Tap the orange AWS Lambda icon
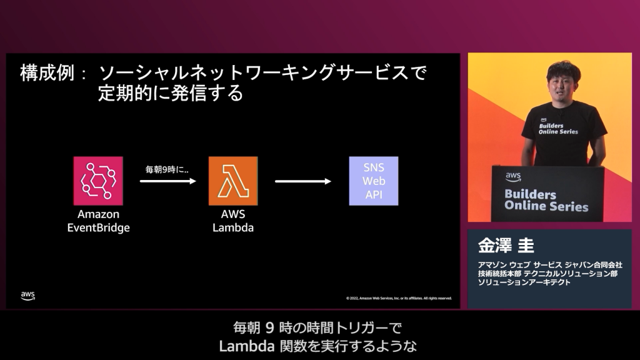(x=232, y=181)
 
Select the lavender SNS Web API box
(x=373, y=181)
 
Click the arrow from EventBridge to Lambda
(x=167, y=181)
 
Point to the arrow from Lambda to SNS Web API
(x=302, y=181)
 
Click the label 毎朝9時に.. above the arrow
(x=167, y=169)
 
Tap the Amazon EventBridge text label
(x=98, y=221)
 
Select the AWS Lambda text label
(x=232, y=221)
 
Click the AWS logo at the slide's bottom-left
(x=27, y=295)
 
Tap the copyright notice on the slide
(x=398, y=298)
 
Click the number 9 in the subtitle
(x=270, y=327)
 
